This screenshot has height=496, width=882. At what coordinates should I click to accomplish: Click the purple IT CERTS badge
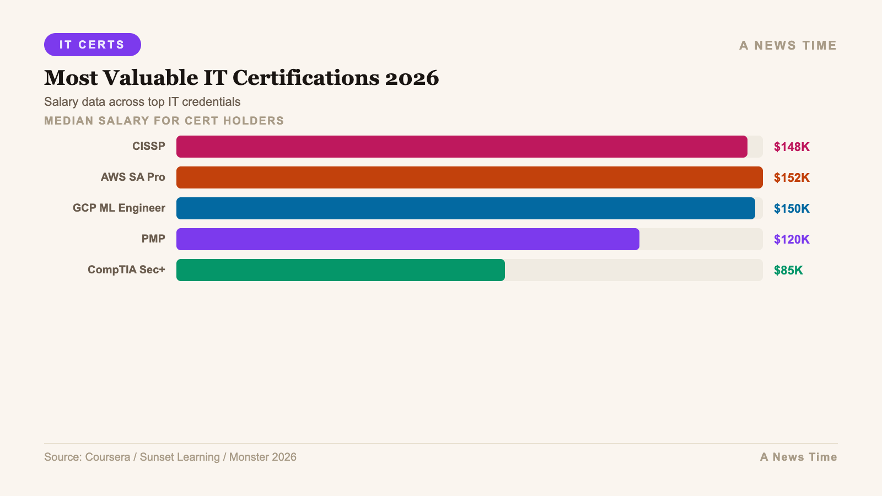(x=93, y=45)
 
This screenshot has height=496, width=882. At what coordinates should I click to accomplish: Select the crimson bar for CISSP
(x=461, y=147)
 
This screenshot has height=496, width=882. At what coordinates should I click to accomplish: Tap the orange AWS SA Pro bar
(x=469, y=177)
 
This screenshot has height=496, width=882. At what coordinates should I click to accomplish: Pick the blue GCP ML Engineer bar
(x=465, y=208)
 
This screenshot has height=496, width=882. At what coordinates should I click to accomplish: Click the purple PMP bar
(x=407, y=239)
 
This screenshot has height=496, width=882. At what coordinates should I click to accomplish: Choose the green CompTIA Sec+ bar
(x=340, y=270)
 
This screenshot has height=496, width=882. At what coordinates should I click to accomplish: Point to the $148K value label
(x=792, y=147)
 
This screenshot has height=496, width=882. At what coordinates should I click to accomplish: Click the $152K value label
(x=792, y=177)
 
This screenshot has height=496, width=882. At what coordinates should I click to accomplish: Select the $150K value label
(x=792, y=208)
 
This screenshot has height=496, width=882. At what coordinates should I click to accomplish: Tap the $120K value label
(x=792, y=239)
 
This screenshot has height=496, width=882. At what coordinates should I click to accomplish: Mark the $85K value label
(x=788, y=270)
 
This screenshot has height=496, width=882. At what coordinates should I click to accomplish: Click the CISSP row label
(x=149, y=146)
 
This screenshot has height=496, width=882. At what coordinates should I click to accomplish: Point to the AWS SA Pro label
(x=133, y=177)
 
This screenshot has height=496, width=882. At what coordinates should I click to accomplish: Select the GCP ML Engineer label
(x=119, y=208)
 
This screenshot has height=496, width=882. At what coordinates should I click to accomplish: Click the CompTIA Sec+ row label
(x=126, y=269)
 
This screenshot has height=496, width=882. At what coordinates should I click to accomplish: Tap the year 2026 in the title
(x=412, y=78)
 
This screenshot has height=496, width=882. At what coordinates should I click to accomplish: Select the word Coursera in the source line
(x=107, y=457)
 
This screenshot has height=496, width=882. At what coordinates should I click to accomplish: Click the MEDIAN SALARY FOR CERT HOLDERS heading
(x=164, y=121)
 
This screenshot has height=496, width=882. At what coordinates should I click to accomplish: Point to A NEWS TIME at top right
(x=788, y=45)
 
